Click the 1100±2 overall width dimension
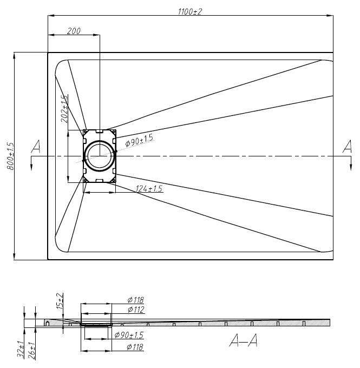point(190,11)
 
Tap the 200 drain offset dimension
point(74,31)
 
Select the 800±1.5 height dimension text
point(10,156)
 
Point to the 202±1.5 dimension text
point(64,109)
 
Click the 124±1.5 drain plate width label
point(149,188)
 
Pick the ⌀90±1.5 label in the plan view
point(139,140)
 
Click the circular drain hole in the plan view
point(100,156)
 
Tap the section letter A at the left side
point(36,146)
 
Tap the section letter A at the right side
point(348,146)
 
